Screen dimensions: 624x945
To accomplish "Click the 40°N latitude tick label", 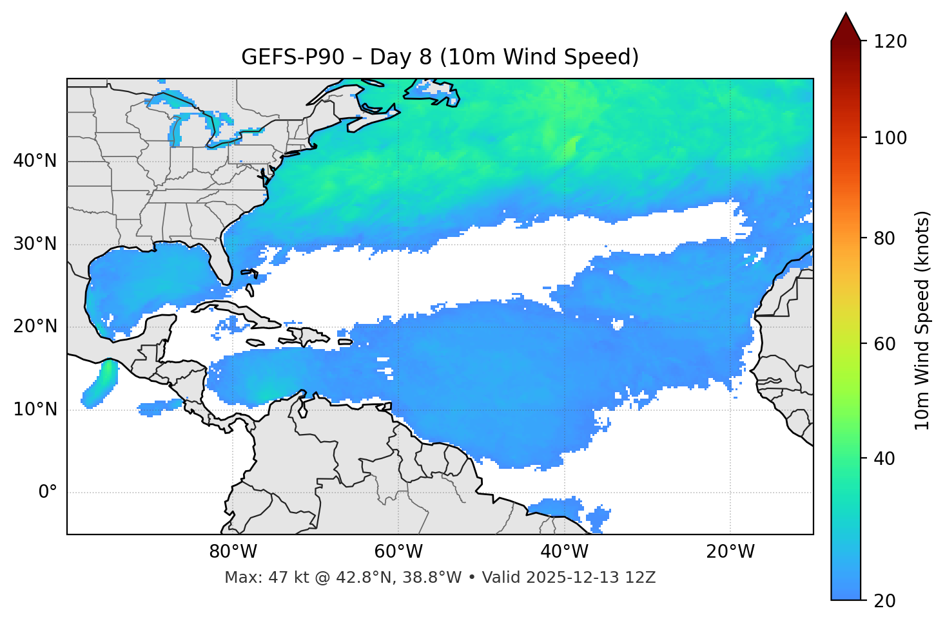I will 35,161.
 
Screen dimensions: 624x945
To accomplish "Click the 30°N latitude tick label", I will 35,244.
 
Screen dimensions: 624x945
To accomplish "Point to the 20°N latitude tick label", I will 35,326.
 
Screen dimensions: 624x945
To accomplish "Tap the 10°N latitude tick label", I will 35,410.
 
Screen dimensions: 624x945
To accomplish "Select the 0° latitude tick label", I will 48,493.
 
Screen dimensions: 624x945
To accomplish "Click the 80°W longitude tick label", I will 233,552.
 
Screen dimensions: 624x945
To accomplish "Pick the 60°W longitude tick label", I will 398,552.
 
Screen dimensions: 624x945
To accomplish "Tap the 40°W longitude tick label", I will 564,552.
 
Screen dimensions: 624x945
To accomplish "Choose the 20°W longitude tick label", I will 730,552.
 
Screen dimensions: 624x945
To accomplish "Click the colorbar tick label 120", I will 890,42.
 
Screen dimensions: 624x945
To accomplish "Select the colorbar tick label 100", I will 890,138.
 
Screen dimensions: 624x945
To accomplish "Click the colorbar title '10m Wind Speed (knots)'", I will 922,321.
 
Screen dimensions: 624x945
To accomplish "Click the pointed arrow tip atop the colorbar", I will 846,15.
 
